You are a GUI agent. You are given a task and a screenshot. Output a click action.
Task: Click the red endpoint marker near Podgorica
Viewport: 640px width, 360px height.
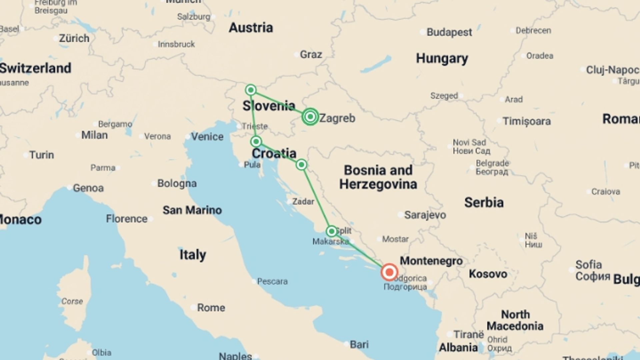pyautogui.click(x=389, y=272)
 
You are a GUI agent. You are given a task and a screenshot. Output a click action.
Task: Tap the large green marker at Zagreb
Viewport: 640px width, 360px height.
pyautogui.click(x=310, y=117)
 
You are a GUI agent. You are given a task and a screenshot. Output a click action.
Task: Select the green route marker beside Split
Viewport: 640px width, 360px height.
pyautogui.click(x=331, y=231)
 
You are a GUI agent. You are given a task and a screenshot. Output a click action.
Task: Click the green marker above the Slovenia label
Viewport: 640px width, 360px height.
pyautogui.click(x=251, y=90)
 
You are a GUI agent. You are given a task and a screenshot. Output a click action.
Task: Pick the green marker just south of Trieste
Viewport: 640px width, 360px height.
pyautogui.click(x=256, y=142)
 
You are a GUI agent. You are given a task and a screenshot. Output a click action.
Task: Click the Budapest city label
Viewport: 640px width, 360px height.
pyautogui.click(x=449, y=32)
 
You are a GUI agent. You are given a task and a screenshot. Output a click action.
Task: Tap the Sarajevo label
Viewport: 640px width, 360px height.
pyautogui.click(x=425, y=215)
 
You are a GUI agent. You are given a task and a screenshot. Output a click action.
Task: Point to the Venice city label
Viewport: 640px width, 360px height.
pyautogui.click(x=207, y=137)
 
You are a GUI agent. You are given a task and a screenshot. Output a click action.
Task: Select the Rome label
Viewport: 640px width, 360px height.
pyautogui.click(x=211, y=307)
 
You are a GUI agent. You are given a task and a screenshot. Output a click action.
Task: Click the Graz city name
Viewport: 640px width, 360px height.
pyautogui.click(x=311, y=54)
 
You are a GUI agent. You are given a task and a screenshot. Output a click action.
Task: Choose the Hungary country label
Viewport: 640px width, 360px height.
pyautogui.click(x=442, y=59)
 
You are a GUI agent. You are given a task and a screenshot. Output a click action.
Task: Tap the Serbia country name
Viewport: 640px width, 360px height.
pyautogui.click(x=484, y=202)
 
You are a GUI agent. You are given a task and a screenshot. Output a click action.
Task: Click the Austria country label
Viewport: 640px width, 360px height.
pyautogui.click(x=251, y=28)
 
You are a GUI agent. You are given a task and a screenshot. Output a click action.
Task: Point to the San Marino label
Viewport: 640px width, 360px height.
pyautogui.click(x=192, y=210)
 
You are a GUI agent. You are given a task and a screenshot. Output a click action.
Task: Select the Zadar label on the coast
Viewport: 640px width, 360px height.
pyautogui.click(x=303, y=201)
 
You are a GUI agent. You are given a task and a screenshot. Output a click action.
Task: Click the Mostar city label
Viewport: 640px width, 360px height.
pyautogui.click(x=395, y=239)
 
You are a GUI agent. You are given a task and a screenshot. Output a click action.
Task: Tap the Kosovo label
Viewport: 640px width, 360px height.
pyautogui.click(x=488, y=274)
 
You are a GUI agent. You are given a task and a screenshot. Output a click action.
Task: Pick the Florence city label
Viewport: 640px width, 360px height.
pyautogui.click(x=127, y=219)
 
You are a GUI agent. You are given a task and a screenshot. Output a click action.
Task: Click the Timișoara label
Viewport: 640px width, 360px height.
pyautogui.click(x=526, y=121)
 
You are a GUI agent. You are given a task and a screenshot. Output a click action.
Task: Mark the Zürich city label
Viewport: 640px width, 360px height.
pyautogui.click(x=74, y=38)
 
